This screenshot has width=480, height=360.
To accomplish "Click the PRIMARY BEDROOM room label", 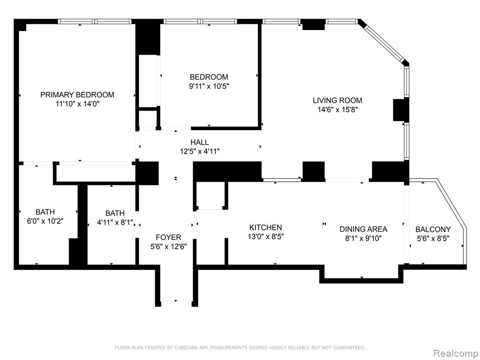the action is (77, 95).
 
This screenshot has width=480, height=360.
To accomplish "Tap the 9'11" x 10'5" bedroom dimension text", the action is (209, 86).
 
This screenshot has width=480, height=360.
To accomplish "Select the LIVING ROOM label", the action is (337, 100).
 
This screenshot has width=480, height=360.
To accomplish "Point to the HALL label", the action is (200, 142).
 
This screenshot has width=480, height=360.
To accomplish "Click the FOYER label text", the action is (168, 237).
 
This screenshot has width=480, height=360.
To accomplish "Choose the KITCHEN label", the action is (266, 227).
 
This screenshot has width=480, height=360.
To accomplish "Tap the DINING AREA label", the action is (363, 229).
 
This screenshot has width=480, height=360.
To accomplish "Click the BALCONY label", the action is (433, 229).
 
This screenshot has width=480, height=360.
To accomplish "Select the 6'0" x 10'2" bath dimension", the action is (45, 221).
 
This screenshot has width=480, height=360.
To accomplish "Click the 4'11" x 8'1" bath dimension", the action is (115, 223).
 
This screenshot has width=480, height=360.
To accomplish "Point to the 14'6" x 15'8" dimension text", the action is (337, 110).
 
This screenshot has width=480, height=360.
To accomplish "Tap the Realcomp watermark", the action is (456, 353).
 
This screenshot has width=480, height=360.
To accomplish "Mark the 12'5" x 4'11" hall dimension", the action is (200, 151).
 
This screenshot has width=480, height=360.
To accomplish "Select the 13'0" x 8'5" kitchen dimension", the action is (266, 236).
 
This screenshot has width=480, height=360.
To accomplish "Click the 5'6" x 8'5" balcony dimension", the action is (433, 238).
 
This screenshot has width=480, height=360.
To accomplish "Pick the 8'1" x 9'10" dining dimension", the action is (363, 238).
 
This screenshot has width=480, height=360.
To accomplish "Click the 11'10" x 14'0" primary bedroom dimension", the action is (77, 104).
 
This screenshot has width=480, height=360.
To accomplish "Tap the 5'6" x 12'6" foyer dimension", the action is (168, 247).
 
